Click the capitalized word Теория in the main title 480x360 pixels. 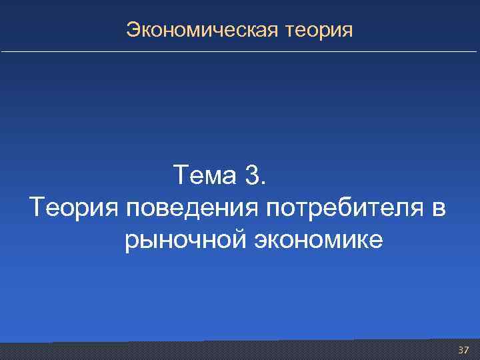(x=73, y=207)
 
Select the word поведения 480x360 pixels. (x=192, y=208)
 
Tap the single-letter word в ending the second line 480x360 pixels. (x=437, y=209)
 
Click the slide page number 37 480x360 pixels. (x=464, y=350)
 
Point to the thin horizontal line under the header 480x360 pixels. (x=240, y=51)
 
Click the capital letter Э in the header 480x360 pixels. (x=133, y=30)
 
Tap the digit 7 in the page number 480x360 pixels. (x=467, y=350)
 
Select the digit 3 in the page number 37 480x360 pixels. (x=461, y=350)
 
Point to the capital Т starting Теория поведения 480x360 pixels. (x=36, y=207)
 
